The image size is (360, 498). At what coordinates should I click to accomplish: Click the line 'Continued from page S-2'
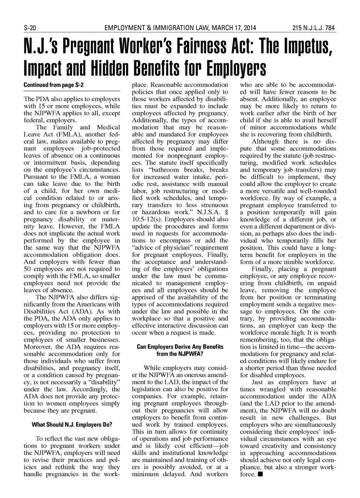pos(53,85)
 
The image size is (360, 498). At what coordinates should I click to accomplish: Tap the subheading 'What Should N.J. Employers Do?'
pos(72,425)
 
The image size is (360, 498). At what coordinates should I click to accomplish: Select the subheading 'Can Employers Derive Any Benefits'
pos(180,347)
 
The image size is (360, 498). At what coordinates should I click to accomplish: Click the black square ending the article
pos(260,474)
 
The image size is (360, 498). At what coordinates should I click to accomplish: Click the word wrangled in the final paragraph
pos(271,389)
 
